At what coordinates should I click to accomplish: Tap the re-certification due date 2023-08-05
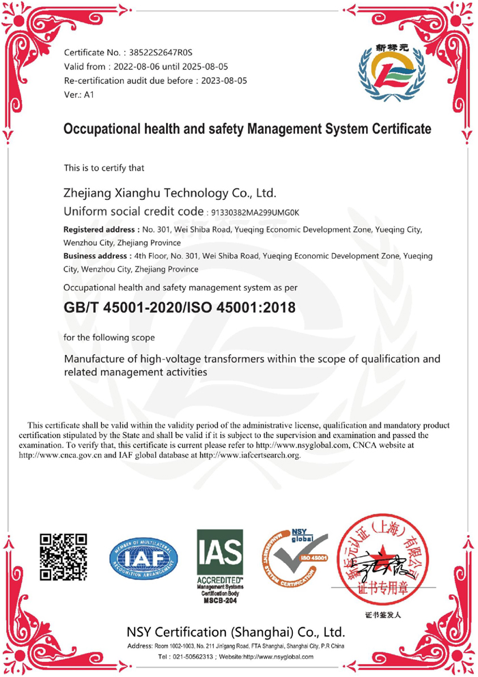click(223, 81)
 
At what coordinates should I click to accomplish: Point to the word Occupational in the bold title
click(97, 129)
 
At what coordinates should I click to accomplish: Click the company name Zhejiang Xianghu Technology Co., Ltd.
click(169, 193)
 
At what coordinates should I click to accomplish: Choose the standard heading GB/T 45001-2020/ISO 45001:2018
click(179, 308)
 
